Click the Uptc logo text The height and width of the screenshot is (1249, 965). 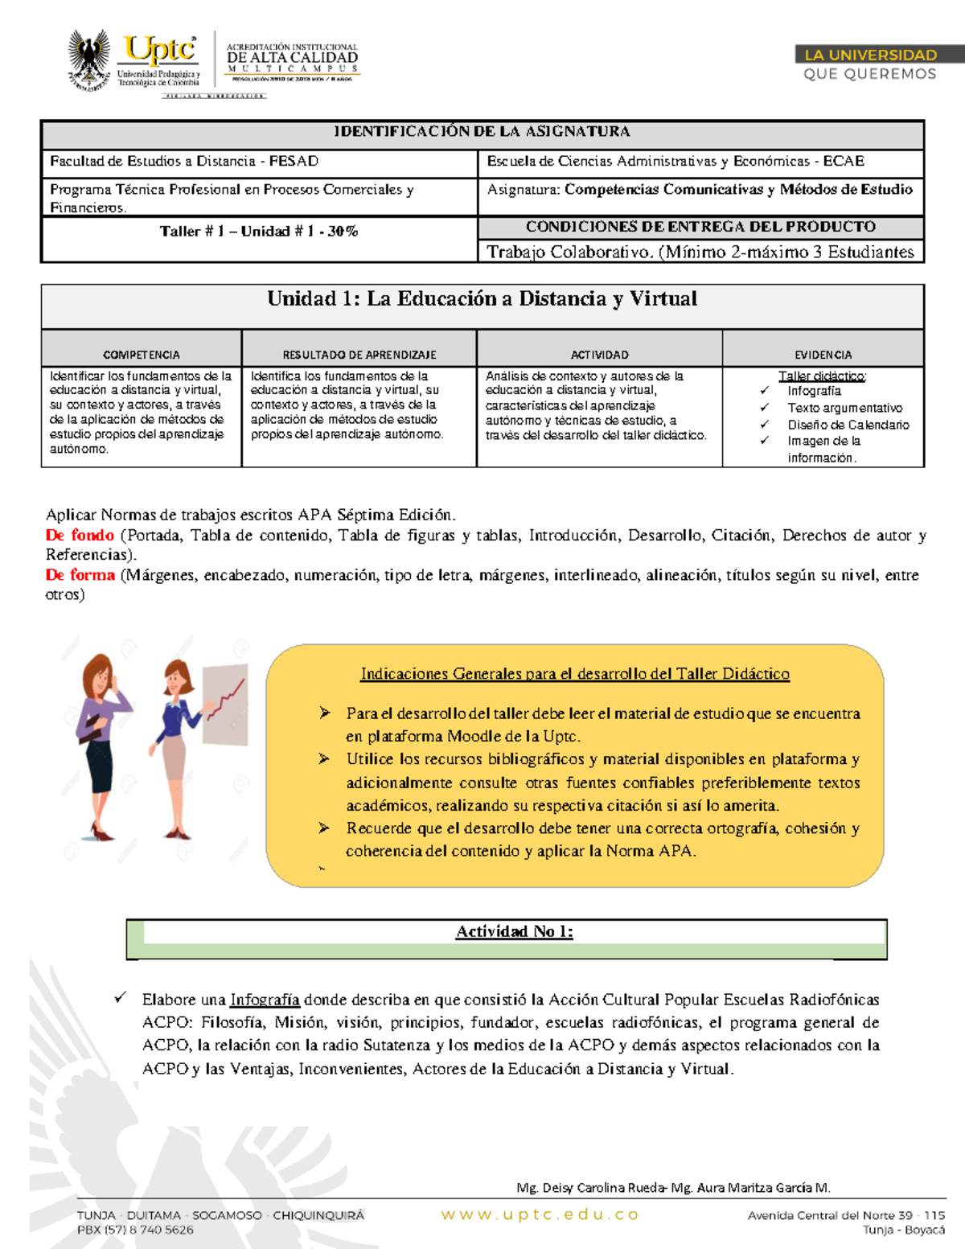click(159, 50)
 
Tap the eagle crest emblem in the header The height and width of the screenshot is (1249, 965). click(89, 60)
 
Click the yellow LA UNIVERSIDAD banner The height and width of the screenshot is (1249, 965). click(870, 55)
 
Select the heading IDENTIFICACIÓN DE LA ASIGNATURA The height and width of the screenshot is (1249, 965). click(482, 131)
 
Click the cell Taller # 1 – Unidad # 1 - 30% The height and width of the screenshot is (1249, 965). click(258, 232)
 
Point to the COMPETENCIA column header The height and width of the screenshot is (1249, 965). click(142, 355)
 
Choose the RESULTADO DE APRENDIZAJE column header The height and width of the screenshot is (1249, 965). click(359, 355)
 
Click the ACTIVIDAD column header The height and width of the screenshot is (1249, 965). click(599, 355)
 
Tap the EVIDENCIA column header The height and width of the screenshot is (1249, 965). click(823, 355)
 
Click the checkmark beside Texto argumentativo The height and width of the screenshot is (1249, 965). click(764, 408)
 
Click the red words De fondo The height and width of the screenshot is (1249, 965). click(80, 536)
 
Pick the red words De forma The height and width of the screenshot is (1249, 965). click(80, 575)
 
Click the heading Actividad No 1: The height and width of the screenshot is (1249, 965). click(514, 931)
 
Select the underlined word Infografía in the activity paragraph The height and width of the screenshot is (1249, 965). click(265, 1000)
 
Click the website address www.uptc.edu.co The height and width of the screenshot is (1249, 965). click(540, 1214)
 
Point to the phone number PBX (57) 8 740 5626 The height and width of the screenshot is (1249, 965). click(135, 1230)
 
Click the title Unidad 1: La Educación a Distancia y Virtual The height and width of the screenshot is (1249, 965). click(482, 299)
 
